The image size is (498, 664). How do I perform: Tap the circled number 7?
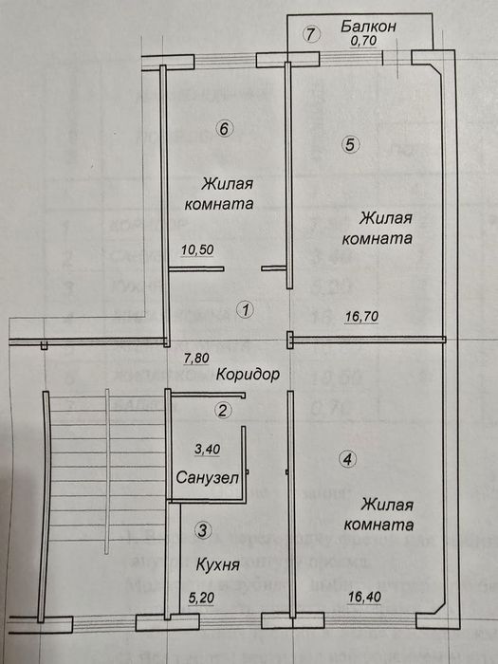[309, 35]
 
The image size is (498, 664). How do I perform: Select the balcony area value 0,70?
[363, 42]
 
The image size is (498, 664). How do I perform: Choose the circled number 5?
[349, 145]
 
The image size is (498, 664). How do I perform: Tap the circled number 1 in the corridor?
[245, 309]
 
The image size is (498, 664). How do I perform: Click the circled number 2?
[222, 411]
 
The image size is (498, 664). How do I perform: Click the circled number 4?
[348, 460]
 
